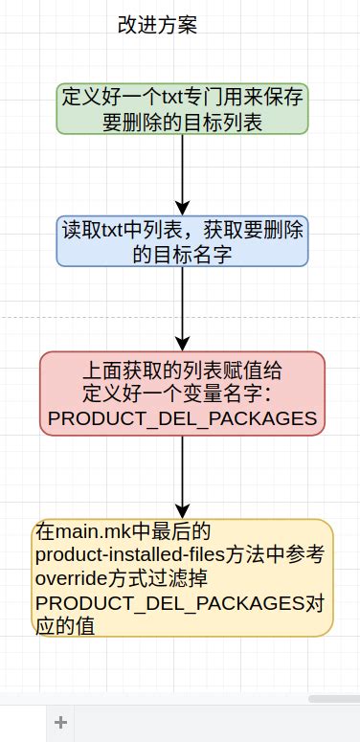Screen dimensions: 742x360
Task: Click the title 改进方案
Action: pyautogui.click(x=157, y=26)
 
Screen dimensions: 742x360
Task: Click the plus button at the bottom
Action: pyautogui.click(x=60, y=723)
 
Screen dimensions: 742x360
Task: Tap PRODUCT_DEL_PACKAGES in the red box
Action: pyautogui.click(x=182, y=418)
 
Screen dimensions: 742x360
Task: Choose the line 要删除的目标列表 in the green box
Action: pyautogui.click(x=182, y=121)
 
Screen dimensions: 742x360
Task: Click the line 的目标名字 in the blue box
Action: pyautogui.click(x=182, y=254)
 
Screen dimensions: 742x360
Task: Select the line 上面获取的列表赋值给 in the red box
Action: pyautogui.click(x=182, y=371)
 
